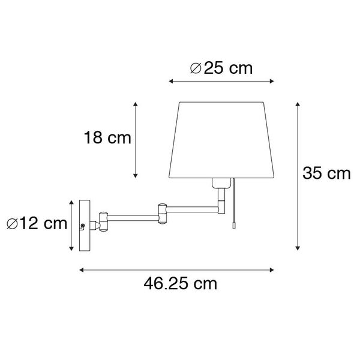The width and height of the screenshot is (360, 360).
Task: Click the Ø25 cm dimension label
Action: [221, 68]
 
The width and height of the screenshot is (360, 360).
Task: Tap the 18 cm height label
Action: [107, 139]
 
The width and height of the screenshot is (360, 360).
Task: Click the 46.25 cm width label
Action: [180, 284]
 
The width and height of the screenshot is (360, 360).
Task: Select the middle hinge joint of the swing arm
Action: [161, 210]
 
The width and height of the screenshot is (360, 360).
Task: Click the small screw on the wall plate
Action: [83, 226]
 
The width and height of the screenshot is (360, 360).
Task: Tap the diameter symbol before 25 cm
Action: [196, 68]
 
